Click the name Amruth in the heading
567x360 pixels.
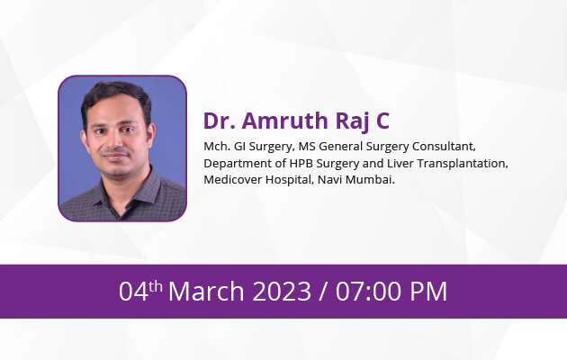point(285,121)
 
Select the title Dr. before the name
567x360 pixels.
point(220,121)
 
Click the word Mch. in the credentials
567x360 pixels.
point(217,147)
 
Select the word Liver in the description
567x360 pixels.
point(400,164)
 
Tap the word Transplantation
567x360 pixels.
point(463,164)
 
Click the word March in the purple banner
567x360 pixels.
point(206,291)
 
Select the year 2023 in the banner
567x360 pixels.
point(282,291)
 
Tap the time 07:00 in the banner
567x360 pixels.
point(368,291)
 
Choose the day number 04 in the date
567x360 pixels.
point(133,291)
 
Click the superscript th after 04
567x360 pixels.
point(156,286)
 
